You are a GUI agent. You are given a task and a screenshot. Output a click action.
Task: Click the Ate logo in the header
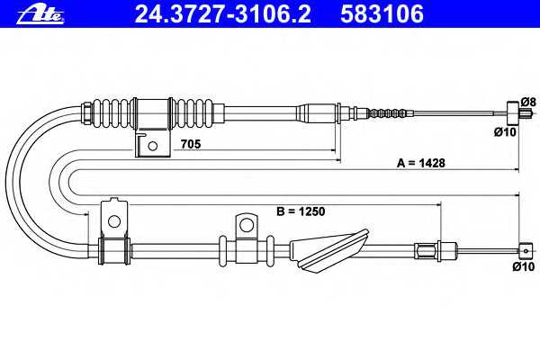[41, 14]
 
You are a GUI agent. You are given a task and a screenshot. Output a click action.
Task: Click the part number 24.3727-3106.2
[223, 14]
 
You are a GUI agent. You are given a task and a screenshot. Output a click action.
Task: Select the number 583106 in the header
[382, 14]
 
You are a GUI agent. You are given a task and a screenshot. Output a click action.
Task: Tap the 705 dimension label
[191, 144]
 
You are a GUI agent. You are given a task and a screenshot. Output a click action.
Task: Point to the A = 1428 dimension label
[421, 163]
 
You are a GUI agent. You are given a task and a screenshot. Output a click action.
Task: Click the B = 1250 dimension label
[301, 211]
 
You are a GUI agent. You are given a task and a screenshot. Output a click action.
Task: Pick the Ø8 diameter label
[528, 102]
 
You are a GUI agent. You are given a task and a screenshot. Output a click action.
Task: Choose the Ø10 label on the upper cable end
[505, 131]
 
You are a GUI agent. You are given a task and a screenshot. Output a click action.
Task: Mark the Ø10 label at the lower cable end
[524, 266]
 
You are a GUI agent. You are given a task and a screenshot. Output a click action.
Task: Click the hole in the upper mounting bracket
[153, 146]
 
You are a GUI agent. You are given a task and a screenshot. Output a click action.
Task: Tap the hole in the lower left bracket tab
[114, 220]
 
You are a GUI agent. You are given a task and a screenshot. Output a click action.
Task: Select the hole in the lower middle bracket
[247, 226]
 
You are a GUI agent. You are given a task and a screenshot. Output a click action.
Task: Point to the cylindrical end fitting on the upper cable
[513, 112]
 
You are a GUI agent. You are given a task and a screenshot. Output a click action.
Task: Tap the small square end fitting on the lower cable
[526, 251]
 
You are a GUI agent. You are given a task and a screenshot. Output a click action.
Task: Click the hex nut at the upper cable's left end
[87, 112]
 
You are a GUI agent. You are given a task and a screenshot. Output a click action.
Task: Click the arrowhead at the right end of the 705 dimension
[333, 150]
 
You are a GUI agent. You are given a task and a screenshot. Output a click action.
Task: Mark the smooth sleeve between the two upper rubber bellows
[153, 113]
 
